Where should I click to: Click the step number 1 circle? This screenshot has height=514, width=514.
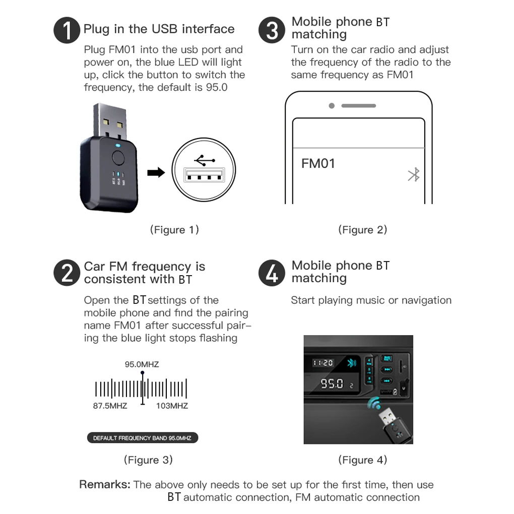point(67,30)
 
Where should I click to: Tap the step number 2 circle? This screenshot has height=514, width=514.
point(67,273)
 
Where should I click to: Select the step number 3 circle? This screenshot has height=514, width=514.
point(272,30)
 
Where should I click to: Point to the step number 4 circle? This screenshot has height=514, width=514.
point(272,273)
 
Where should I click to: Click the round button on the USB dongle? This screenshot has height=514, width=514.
point(118,158)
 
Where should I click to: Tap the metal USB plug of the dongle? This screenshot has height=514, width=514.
point(110,120)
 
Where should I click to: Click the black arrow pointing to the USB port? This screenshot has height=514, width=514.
point(156,172)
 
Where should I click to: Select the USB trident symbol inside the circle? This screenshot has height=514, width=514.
point(205,160)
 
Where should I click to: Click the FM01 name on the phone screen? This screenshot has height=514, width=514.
point(318,163)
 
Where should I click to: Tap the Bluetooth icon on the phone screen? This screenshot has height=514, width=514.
point(414,175)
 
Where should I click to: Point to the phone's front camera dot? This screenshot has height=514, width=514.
point(332,105)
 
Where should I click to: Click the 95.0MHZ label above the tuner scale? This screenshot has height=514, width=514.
point(142,364)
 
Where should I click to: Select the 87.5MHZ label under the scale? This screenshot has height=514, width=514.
point(110,406)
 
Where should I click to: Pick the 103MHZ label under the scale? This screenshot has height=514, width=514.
point(172,406)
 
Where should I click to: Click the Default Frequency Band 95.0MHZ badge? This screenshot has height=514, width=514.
point(143,438)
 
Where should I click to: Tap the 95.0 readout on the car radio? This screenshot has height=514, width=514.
point(332,383)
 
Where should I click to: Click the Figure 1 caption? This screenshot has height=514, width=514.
point(174,230)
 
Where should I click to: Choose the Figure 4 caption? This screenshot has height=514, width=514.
point(362,460)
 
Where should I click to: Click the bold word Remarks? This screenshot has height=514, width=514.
point(105,484)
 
